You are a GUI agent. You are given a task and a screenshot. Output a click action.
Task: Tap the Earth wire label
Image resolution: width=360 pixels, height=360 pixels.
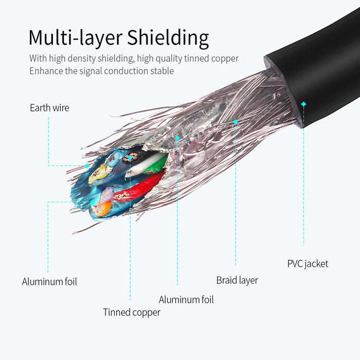tap(49, 108)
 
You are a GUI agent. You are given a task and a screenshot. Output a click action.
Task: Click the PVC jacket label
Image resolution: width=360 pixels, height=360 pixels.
tap(308, 264)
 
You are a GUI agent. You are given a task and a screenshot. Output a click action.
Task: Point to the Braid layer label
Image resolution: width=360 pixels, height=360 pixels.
tap(237, 280)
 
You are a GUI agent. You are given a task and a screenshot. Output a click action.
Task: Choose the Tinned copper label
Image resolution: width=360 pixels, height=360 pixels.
tap(132, 312)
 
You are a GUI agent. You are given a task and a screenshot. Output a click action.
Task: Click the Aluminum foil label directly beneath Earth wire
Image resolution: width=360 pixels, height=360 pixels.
tap(49, 282)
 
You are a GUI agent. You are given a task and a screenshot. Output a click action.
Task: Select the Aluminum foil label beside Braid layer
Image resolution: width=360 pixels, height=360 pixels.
tap(186, 300)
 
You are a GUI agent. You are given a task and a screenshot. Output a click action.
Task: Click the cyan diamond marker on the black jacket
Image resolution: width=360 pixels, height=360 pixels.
tap(303, 104)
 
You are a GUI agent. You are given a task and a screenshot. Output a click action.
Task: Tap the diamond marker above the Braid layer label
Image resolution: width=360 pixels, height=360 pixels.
tap(236, 122)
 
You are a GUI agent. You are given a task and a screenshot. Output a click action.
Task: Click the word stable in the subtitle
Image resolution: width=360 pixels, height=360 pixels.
tap(160, 71)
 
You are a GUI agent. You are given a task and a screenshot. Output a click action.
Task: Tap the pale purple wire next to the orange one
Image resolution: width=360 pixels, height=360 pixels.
tap(108, 194)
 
